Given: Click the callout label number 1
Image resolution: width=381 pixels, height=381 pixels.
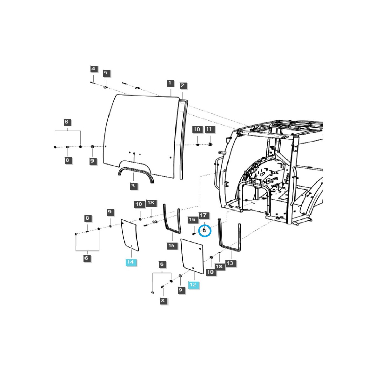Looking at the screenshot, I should pos(170,83).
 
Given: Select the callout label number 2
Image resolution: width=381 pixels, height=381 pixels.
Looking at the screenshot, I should pos(182,85).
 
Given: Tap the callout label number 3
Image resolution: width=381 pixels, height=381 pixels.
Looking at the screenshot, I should pos(133,186).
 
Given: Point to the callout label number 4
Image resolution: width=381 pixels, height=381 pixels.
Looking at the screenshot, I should pos(93,69).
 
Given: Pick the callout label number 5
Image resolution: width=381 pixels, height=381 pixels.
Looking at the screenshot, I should pos(106,73).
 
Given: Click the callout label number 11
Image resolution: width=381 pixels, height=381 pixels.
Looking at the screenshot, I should pos(209,129).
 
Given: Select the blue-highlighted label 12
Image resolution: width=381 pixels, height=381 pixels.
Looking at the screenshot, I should pos(193,285).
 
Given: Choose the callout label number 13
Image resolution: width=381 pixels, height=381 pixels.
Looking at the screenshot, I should pos(230,263).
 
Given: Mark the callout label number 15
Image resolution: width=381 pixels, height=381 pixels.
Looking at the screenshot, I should pos(172,245).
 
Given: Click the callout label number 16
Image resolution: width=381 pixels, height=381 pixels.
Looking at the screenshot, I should pos(192,220).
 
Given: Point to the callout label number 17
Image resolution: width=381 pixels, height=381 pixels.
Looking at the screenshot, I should pos(203,215).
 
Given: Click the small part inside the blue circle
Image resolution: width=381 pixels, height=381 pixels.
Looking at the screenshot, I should pos(204,230).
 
